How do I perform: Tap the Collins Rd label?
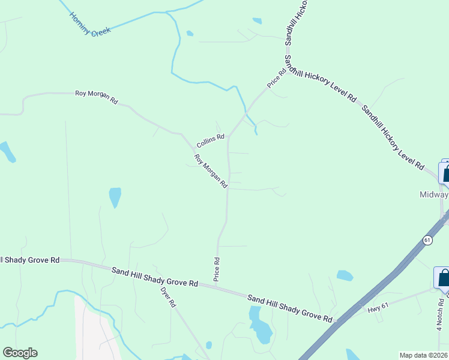pyautogui.click(x=210, y=140)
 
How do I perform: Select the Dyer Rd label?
pyautogui.click(x=167, y=295)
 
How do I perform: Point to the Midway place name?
pyautogui.click(x=433, y=195)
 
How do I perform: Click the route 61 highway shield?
pyautogui.click(x=427, y=240)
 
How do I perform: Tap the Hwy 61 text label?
pyautogui.click(x=378, y=306)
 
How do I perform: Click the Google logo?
pyautogui.click(x=20, y=353)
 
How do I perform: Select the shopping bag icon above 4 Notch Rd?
pyautogui.click(x=443, y=278)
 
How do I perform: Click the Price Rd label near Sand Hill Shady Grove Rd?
pyautogui.click(x=217, y=269)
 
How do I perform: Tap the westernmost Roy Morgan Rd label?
pyautogui.click(x=96, y=97)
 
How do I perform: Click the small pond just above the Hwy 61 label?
pyautogui.click(x=345, y=275)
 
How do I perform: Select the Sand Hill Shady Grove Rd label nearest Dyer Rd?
pyautogui.click(x=155, y=277)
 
